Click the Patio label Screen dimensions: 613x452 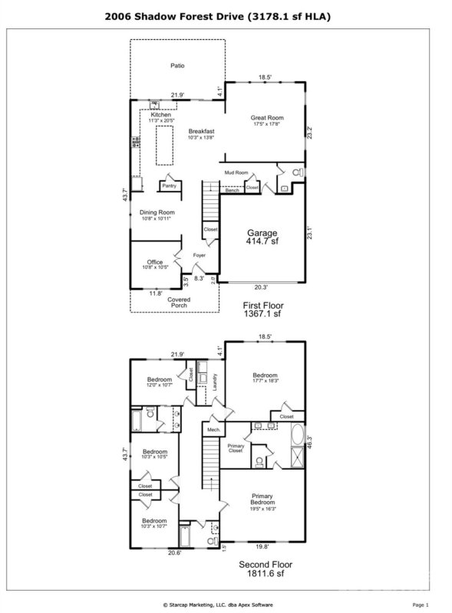[x=177, y=67]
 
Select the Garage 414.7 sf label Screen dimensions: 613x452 [x=262, y=237]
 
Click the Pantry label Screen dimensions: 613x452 [x=169, y=185]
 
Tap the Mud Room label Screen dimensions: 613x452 [x=236, y=173]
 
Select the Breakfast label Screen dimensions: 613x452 [x=202, y=133]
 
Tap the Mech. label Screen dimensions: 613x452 [x=214, y=431]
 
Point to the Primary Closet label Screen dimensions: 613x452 [x=236, y=449]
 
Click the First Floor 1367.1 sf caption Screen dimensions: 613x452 [x=263, y=309]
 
